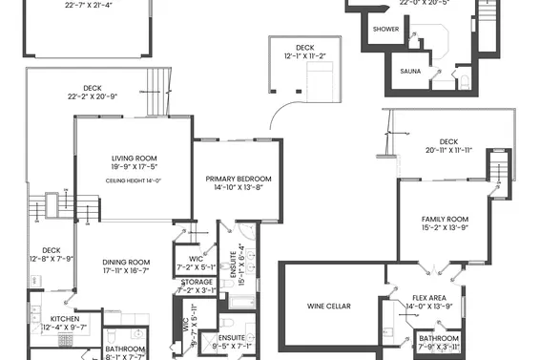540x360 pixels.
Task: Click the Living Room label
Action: pos(134,159)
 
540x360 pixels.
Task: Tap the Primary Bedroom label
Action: pos(239,179)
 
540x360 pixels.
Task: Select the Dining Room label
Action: pos(126,262)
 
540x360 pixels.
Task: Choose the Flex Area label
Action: pos(431,297)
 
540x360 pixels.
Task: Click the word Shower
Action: pos(385,30)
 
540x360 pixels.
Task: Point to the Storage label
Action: pos(197,282)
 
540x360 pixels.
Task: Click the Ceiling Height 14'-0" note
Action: pos(134,180)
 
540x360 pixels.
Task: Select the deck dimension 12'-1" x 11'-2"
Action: pos(303,56)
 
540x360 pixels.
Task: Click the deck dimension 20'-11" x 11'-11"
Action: pos(455,151)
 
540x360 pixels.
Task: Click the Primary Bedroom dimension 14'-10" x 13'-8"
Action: pos(239,188)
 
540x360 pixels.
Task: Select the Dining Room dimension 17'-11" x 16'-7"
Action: pos(126,271)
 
